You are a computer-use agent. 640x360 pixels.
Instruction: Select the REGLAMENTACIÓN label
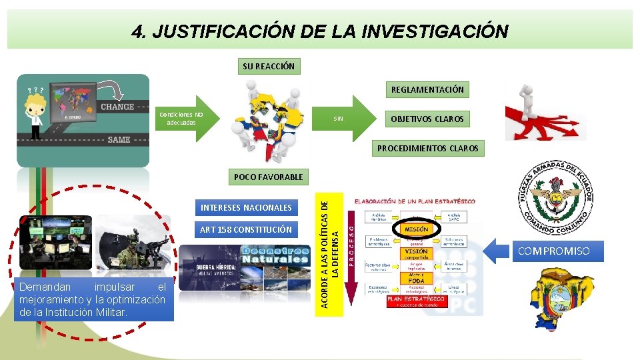click(427, 89)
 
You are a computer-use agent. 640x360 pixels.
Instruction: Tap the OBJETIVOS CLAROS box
click(427, 119)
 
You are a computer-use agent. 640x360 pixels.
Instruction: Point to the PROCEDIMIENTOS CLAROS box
click(428, 148)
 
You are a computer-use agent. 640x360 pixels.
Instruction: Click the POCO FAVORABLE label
click(268, 177)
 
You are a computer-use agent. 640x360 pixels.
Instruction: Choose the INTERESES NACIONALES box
click(246, 207)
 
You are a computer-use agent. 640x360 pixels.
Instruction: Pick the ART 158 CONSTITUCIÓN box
click(246, 229)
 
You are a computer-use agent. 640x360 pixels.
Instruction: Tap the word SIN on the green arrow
click(339, 119)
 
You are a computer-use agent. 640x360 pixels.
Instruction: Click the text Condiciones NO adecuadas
click(181, 118)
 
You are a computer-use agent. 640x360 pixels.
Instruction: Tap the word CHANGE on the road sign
click(117, 107)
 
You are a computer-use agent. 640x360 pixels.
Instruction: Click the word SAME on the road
click(119, 139)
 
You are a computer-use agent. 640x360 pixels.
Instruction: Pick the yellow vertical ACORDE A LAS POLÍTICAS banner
click(331, 249)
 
